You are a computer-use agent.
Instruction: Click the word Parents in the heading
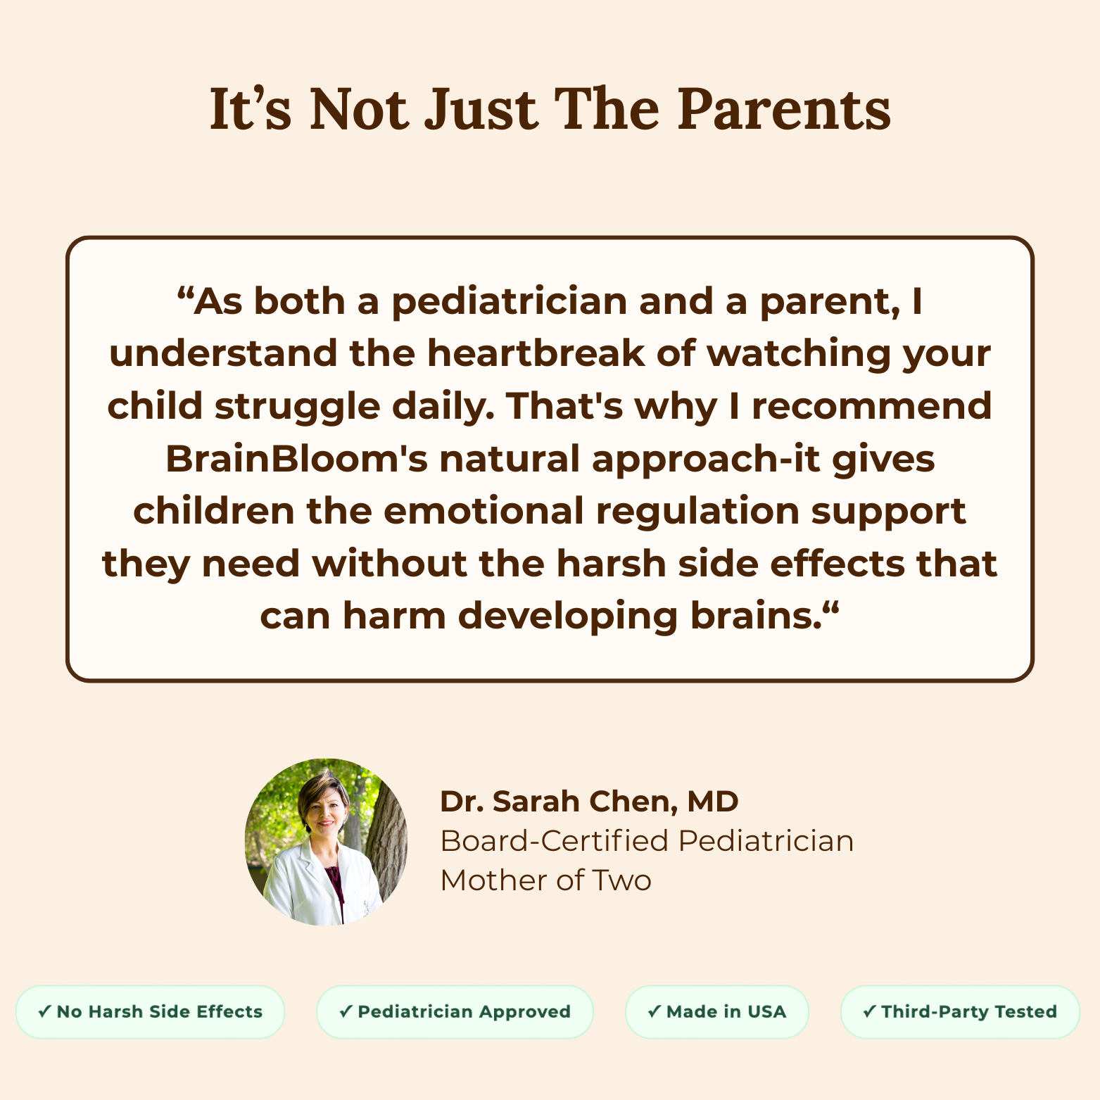784,109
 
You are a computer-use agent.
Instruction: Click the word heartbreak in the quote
536,353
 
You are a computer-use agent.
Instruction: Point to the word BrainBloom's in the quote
296,459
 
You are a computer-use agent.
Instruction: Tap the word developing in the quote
567,617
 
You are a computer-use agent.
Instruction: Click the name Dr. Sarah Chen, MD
589,802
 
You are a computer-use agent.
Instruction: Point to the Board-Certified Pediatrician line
647,841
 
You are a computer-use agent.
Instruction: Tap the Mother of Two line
546,880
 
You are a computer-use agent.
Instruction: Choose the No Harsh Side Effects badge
150,1012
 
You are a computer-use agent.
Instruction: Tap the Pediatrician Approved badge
455,1012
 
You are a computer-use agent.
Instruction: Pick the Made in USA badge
716,1012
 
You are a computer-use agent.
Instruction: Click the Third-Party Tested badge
960,1012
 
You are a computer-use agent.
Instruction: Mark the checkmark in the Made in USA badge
654,1012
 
